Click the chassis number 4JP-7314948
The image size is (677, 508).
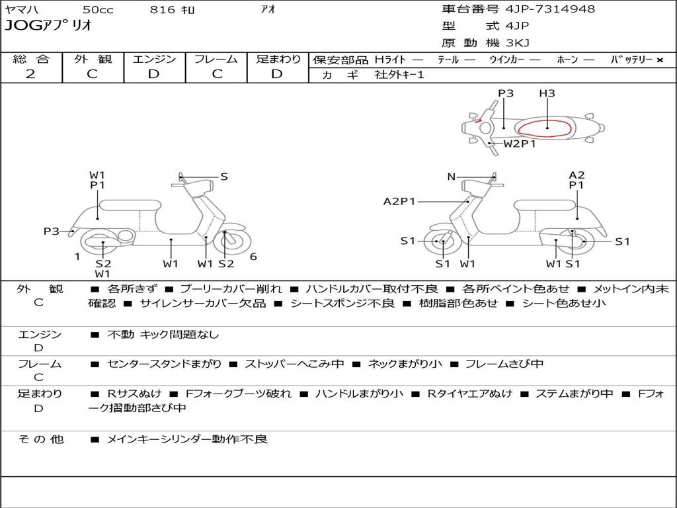(550, 9)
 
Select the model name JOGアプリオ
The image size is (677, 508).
(48, 26)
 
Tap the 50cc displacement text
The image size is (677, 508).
(97, 9)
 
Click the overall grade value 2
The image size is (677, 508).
(30, 74)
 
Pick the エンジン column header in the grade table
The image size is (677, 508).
(154, 59)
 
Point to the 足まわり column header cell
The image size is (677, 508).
(278, 59)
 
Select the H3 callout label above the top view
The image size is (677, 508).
(547, 93)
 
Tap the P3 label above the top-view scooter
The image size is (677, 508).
(506, 93)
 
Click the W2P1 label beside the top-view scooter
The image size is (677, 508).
(520, 144)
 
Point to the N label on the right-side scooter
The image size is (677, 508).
(452, 177)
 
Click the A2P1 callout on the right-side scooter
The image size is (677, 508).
(399, 201)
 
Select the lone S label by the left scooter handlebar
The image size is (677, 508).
(224, 177)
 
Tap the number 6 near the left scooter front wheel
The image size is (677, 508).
(253, 257)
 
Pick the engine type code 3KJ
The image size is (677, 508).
(518, 43)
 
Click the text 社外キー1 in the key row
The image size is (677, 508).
(399, 75)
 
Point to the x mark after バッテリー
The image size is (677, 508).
(659, 60)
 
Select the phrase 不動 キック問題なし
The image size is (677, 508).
(163, 335)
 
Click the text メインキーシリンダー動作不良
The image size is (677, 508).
(187, 439)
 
